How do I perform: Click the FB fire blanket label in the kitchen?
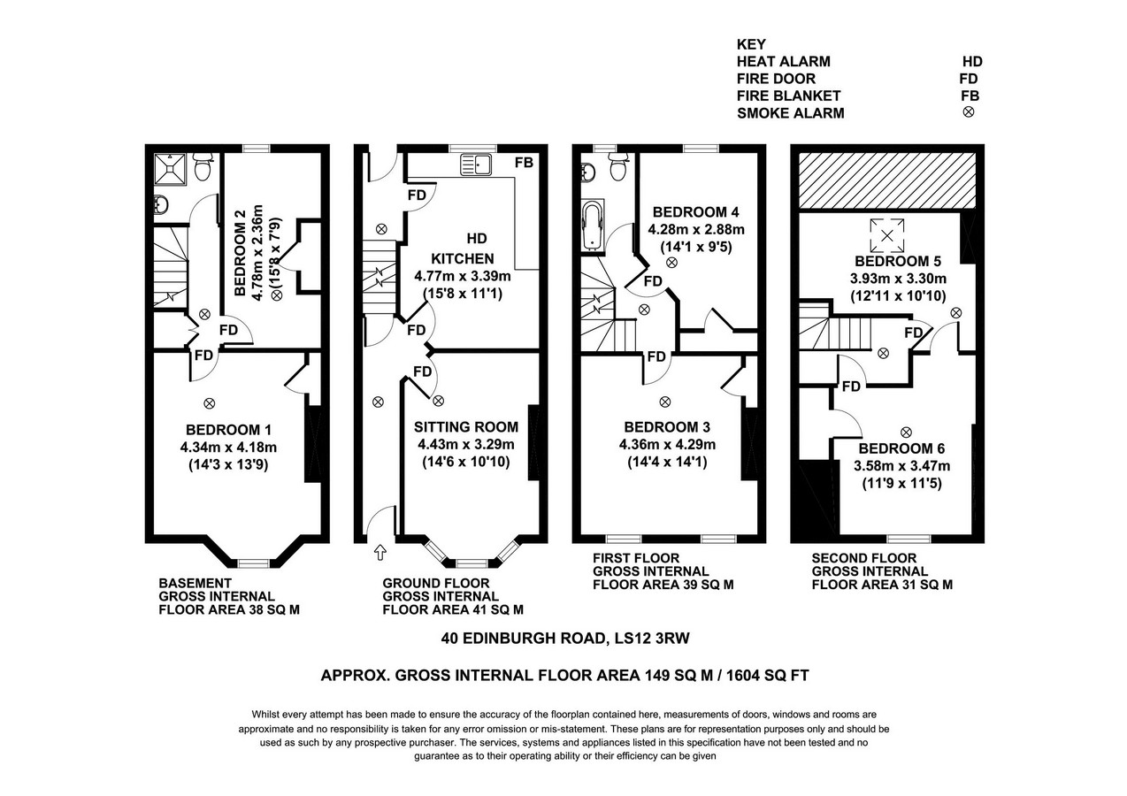524,163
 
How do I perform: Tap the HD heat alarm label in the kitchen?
477,238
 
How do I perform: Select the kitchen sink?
476,165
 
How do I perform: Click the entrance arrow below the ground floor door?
380,553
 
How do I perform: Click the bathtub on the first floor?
593,226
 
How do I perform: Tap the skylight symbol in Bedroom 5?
887,235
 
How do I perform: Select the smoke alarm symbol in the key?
969,111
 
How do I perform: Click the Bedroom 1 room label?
228,430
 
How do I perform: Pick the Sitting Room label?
466,426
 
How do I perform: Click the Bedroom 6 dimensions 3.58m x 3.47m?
901,466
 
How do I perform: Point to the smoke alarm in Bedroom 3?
664,402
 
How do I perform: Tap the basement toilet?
203,166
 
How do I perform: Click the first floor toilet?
617,166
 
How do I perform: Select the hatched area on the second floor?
887,180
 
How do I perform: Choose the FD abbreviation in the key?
969,79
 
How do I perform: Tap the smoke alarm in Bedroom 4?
671,263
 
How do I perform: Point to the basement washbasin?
161,205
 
